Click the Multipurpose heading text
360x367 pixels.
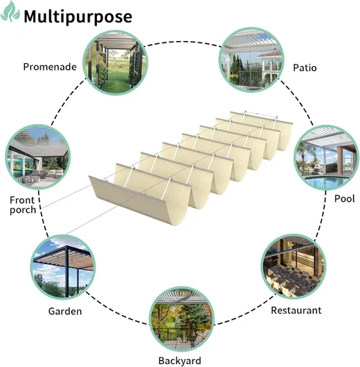(x=78, y=17)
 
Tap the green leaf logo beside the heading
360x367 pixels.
(x=10, y=12)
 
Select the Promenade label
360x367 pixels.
(x=50, y=67)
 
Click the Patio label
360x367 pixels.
(x=305, y=68)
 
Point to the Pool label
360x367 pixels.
(x=345, y=198)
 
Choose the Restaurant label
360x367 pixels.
(x=296, y=310)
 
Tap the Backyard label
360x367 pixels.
(x=180, y=361)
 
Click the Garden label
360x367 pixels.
(x=65, y=311)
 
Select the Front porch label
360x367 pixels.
(x=23, y=205)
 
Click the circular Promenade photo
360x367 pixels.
(x=115, y=62)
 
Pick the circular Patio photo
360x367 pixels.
(x=251, y=59)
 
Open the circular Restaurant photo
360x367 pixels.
(x=294, y=266)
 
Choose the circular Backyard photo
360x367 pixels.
(x=181, y=319)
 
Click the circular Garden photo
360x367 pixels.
(x=63, y=267)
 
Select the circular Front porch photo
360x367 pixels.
(x=37, y=157)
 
